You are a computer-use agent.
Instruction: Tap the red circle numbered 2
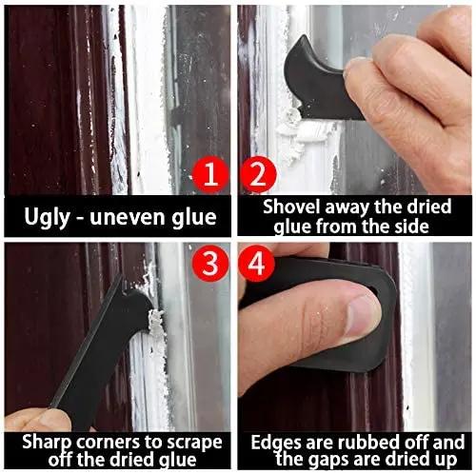(x=254, y=175)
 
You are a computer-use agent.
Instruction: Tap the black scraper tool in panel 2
(x=319, y=76)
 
